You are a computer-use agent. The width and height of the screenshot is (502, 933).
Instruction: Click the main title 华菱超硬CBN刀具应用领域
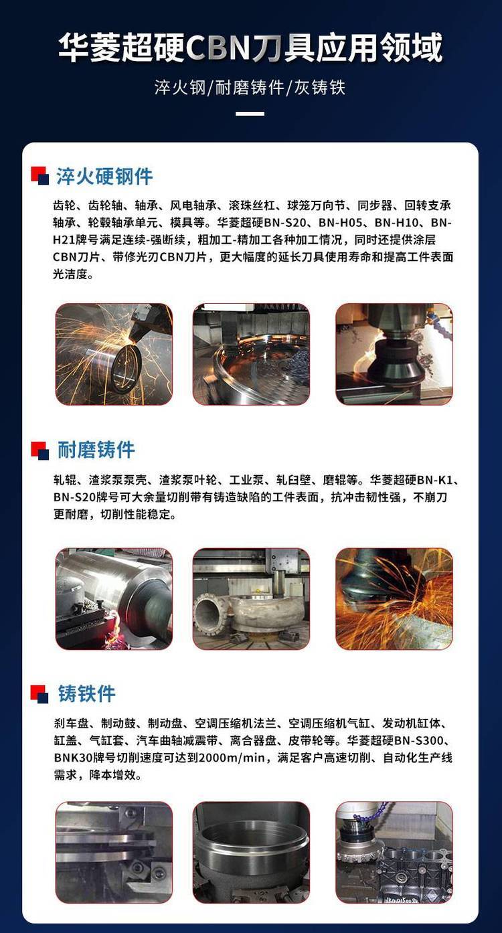tap(250, 48)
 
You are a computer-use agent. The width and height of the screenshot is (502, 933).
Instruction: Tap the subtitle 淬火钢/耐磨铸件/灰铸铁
tap(250, 88)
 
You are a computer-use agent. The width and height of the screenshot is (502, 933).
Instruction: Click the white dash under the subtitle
tap(250, 114)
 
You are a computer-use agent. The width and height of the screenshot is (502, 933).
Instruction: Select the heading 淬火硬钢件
tap(104, 176)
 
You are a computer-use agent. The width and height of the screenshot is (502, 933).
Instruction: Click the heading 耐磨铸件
tap(96, 450)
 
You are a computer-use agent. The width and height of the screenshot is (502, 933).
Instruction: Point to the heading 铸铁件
tap(86, 694)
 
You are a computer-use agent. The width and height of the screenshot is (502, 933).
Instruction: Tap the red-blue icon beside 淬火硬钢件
tap(40, 175)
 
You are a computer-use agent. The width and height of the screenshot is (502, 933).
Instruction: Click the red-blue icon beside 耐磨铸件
tap(40, 450)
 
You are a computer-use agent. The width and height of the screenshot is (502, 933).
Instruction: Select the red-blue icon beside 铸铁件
tap(40, 694)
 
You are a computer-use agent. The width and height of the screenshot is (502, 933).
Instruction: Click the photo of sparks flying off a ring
tap(114, 354)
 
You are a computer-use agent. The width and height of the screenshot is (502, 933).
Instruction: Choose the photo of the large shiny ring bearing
tap(251, 354)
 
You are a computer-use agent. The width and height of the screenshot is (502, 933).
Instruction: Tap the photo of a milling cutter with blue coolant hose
tap(394, 354)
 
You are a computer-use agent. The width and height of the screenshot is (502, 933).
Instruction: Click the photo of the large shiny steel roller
tap(114, 599)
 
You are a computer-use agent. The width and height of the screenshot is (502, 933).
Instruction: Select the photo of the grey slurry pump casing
tap(251, 599)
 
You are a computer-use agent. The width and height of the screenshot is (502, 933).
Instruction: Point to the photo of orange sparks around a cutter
tap(394, 599)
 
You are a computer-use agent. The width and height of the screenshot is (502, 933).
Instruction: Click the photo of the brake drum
tap(251, 852)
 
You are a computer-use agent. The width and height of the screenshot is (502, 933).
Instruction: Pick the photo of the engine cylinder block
tap(394, 852)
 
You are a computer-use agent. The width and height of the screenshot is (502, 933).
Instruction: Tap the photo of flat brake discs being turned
tap(114, 852)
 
